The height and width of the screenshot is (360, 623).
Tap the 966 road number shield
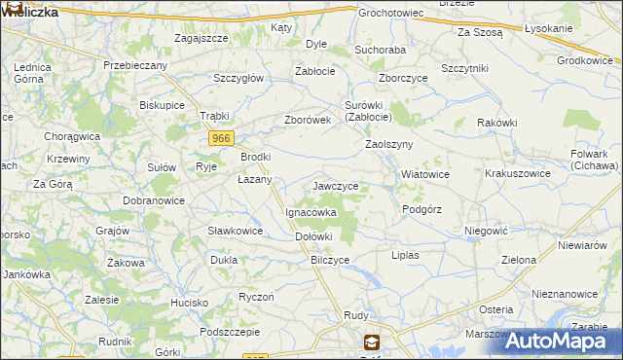click(x=221, y=139)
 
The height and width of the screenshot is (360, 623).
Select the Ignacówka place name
click(x=311, y=211)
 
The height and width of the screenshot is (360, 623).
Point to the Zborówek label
click(x=308, y=120)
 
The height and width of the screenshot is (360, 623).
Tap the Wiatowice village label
click(x=425, y=174)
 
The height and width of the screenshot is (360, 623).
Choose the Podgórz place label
click(x=421, y=209)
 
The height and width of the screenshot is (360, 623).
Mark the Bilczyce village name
click(x=330, y=260)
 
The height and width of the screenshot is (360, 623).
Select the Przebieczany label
click(x=135, y=64)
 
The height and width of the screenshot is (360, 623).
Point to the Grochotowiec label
click(x=390, y=14)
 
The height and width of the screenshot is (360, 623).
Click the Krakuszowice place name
click(x=518, y=174)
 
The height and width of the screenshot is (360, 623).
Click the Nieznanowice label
click(x=565, y=293)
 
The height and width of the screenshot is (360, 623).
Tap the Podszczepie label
click(x=231, y=332)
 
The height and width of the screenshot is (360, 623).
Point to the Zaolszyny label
click(x=389, y=144)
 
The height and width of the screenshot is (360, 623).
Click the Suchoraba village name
click(x=380, y=48)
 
